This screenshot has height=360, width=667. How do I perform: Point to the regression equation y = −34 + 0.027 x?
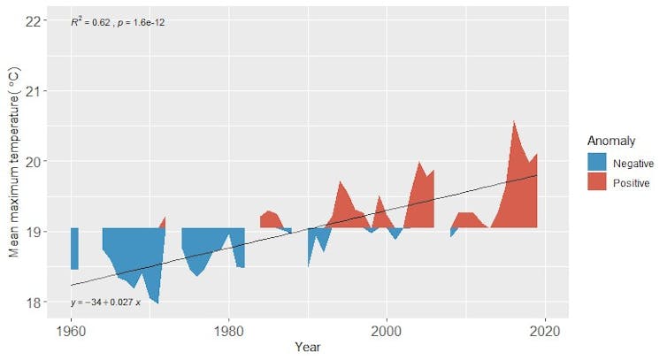(x=111, y=303)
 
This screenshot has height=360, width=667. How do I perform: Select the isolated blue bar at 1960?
(x=74, y=248)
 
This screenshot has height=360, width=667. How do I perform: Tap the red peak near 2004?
(x=419, y=164)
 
